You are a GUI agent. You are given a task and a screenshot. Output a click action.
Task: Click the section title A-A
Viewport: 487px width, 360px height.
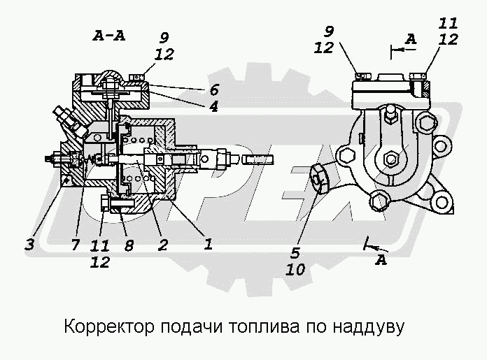pyautogui.click(x=108, y=37)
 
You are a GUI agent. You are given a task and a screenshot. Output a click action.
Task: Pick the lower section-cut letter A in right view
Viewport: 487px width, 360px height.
pyautogui.click(x=381, y=260)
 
